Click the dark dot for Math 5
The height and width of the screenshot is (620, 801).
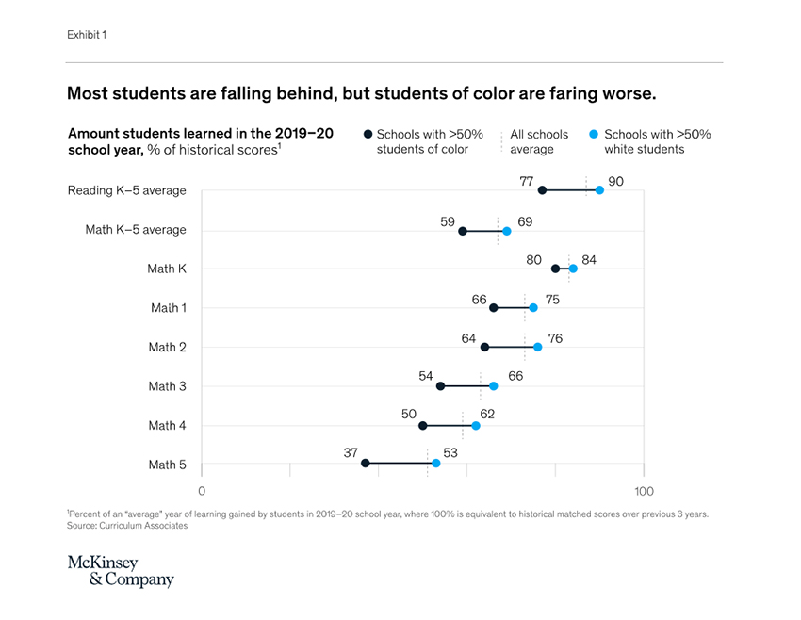[366, 464]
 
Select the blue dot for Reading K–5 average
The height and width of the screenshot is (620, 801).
[599, 190]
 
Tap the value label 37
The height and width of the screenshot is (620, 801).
[351, 453]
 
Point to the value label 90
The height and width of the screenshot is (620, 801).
[616, 180]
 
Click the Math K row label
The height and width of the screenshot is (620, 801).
[167, 269]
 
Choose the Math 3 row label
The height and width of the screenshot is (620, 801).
[167, 386]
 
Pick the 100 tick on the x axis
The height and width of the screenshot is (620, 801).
[644, 491]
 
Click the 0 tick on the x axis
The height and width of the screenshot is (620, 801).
[202, 491]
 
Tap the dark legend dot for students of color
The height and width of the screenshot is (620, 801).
[368, 135]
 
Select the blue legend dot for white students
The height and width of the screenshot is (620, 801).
[594, 135]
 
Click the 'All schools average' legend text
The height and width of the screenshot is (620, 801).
[539, 141]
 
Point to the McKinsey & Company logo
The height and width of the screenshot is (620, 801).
[121, 572]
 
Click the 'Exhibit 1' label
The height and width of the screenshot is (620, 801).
[87, 35]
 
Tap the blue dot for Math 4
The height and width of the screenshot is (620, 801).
[476, 426]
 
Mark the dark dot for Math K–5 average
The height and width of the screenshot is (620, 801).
[462, 231]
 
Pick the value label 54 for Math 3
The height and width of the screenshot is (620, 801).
[426, 376]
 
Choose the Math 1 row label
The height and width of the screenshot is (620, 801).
[169, 308]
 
